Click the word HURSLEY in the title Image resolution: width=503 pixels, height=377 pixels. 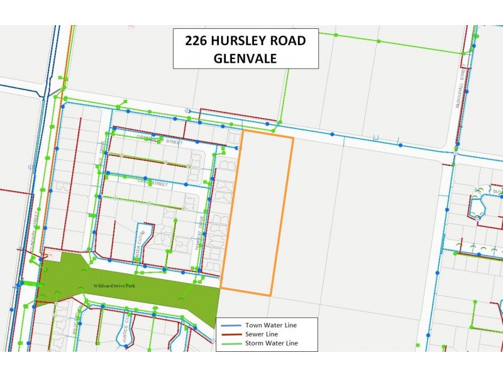[240, 41]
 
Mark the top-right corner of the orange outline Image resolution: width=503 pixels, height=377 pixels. [293, 137]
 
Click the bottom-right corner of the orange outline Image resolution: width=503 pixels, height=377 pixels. [271, 295]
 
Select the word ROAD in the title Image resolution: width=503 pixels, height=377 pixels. [286, 41]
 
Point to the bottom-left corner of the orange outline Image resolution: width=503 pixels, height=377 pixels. [221, 290]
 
